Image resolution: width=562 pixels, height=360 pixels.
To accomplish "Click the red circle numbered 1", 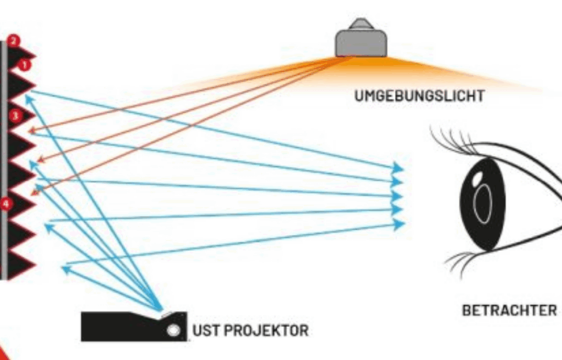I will (23, 65).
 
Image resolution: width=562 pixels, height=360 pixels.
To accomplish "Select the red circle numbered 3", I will (15, 116).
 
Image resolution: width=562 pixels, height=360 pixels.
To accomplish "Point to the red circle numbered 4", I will (6, 204).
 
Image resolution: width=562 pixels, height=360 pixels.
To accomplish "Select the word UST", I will (204, 331).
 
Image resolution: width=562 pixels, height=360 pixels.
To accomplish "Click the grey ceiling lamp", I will (361, 42).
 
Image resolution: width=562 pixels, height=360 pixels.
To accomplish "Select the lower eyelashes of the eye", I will (461, 261).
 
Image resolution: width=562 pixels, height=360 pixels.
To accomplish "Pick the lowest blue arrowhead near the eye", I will (399, 223).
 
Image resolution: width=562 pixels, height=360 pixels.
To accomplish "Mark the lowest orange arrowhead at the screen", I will (36, 190).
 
